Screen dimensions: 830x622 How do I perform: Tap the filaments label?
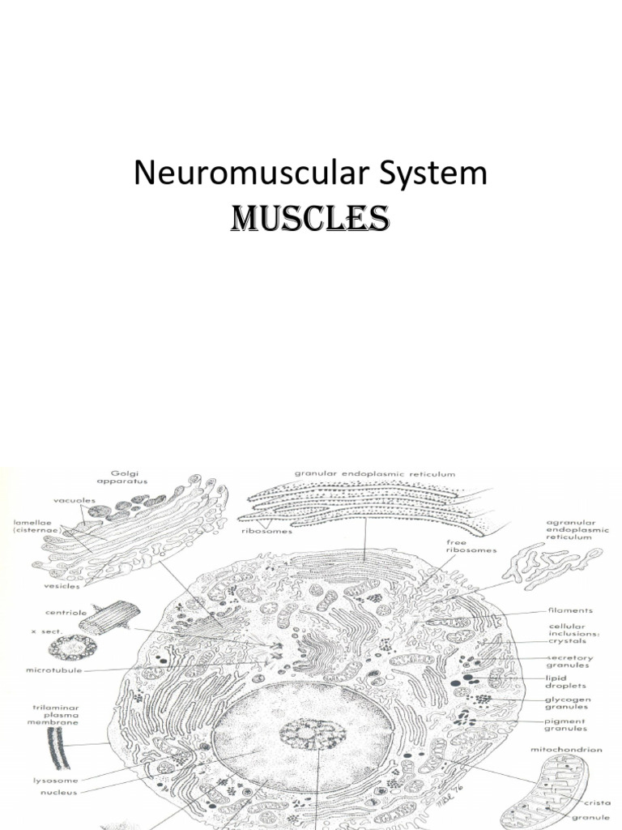[x=570, y=610]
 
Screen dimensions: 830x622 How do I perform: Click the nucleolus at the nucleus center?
[x=313, y=736]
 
